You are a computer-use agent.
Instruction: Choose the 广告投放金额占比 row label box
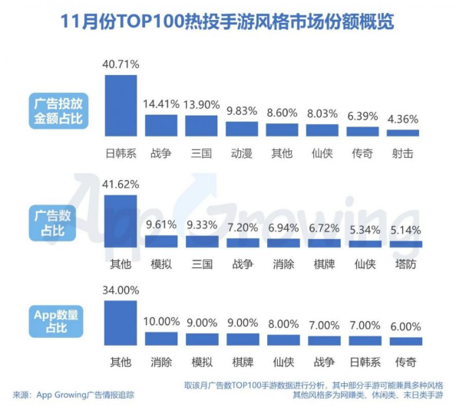coord(58,110)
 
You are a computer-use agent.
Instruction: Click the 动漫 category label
coord(241,153)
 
